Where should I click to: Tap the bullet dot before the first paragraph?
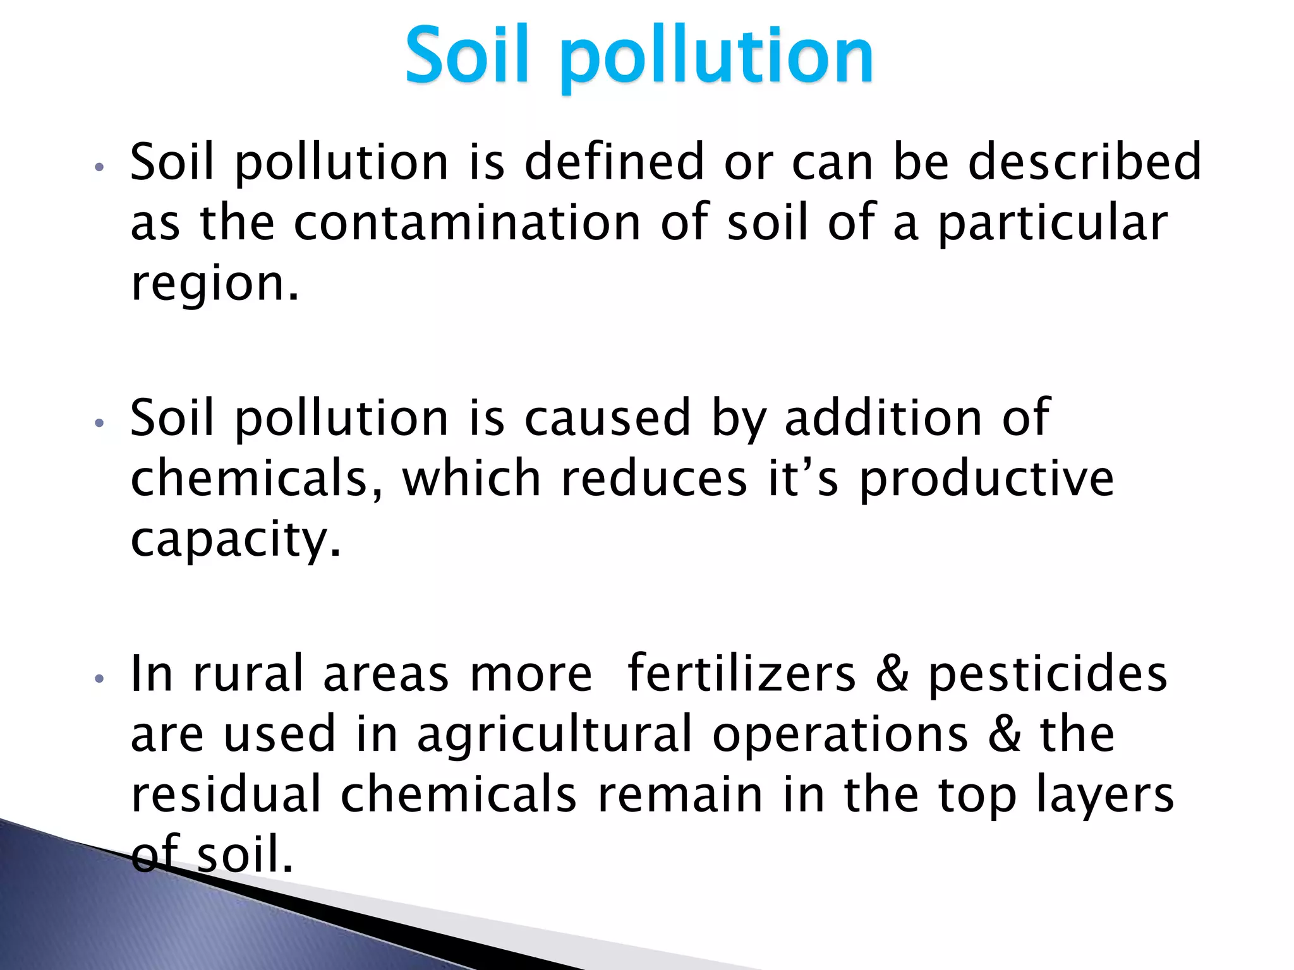(98, 168)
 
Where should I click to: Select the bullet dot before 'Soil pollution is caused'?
(98, 423)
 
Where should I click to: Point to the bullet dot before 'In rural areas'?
(98, 680)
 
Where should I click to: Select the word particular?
(1052, 224)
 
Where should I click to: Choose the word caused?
(607, 418)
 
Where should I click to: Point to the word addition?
(883, 418)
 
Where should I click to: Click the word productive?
(986, 480)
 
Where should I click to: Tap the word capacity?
(235, 541)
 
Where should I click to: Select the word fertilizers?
(742, 674)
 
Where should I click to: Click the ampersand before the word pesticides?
(892, 674)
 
